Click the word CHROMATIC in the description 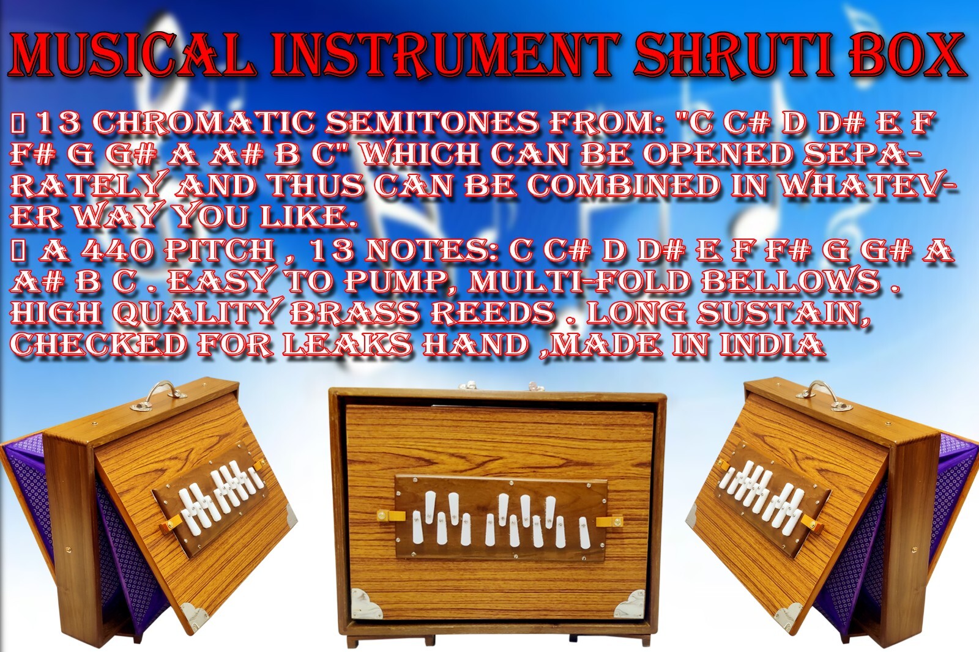pyautogui.click(x=203, y=122)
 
